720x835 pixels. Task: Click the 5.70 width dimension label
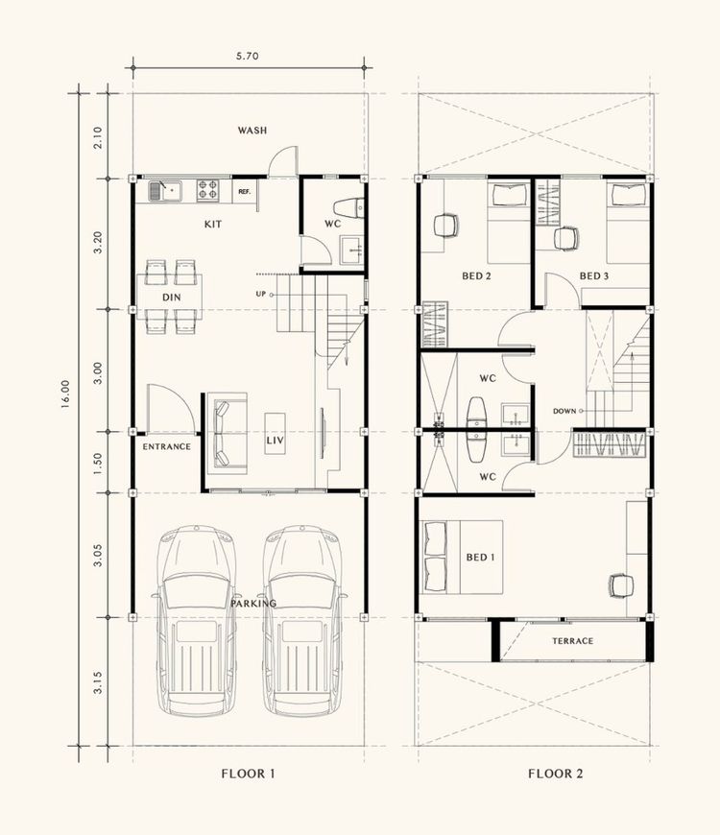pyautogui.click(x=247, y=56)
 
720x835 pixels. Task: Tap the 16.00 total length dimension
pyautogui.click(x=65, y=394)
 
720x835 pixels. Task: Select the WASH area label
pyautogui.click(x=252, y=131)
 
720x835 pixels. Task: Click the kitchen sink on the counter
pyautogui.click(x=165, y=191)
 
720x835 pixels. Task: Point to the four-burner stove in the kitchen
pyautogui.click(x=207, y=191)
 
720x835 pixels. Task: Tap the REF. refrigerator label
pyautogui.click(x=245, y=192)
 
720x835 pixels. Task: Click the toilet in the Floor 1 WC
pyautogui.click(x=349, y=207)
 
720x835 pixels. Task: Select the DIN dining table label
pyautogui.click(x=172, y=298)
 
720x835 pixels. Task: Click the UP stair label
pyautogui.click(x=260, y=294)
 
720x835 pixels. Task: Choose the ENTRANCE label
pyautogui.click(x=167, y=447)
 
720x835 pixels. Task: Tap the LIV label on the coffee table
pyautogui.click(x=276, y=441)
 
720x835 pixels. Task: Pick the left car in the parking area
pyautogui.click(x=196, y=621)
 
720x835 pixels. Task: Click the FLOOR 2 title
pyautogui.click(x=556, y=774)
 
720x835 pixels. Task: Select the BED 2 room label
pyautogui.click(x=476, y=275)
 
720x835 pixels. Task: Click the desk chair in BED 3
pyautogui.click(x=565, y=238)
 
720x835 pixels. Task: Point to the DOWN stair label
pyautogui.click(x=564, y=411)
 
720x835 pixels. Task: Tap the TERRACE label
pyautogui.click(x=572, y=641)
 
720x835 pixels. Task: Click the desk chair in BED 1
pyautogui.click(x=621, y=585)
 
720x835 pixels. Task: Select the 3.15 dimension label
pyautogui.click(x=98, y=682)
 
